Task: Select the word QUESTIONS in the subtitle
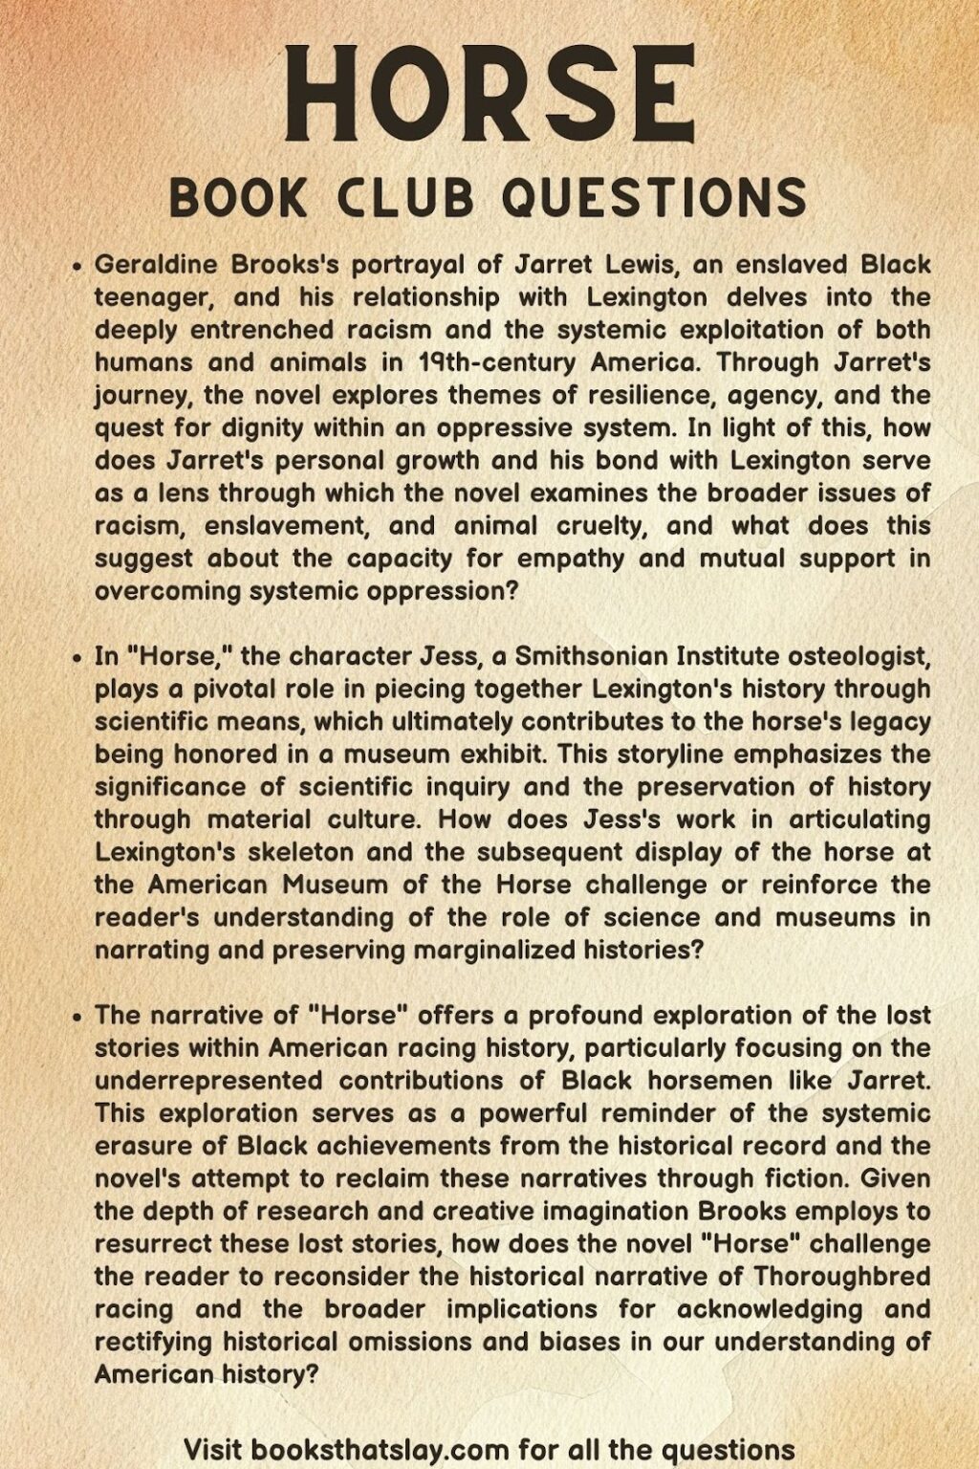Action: tap(654, 198)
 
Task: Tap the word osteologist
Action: tap(851, 656)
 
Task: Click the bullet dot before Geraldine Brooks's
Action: tap(78, 267)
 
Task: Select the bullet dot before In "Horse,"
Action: tap(78, 658)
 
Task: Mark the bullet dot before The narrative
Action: tap(78, 1017)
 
